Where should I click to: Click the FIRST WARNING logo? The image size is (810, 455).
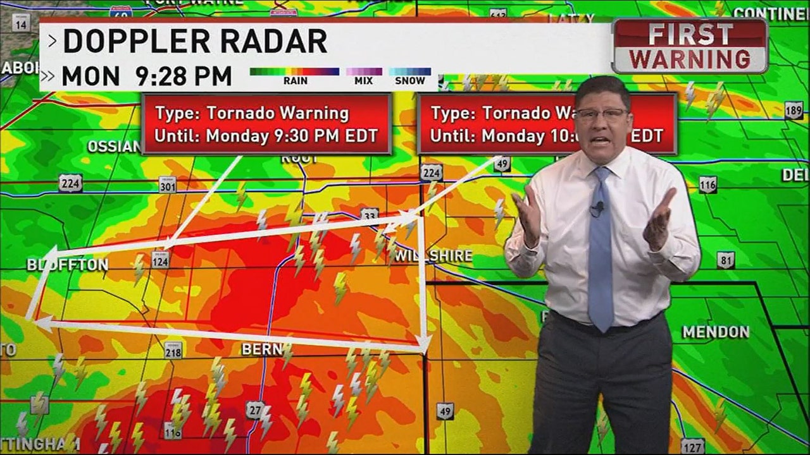click(690, 46)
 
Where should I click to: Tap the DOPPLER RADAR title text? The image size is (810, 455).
click(195, 42)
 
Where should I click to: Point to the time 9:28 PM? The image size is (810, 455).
click(184, 76)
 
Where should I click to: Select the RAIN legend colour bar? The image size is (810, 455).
click(294, 71)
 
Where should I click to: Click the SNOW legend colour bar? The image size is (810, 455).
click(409, 71)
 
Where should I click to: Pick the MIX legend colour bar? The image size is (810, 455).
click(363, 71)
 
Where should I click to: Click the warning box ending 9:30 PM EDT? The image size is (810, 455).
click(266, 124)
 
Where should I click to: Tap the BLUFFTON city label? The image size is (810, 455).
click(67, 265)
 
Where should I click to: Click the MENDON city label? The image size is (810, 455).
click(716, 332)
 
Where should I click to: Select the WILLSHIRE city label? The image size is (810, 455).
click(433, 256)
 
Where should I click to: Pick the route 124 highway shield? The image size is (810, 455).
click(160, 259)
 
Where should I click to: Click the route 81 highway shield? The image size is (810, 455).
click(726, 259)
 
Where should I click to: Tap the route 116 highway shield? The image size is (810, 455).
click(708, 184)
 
